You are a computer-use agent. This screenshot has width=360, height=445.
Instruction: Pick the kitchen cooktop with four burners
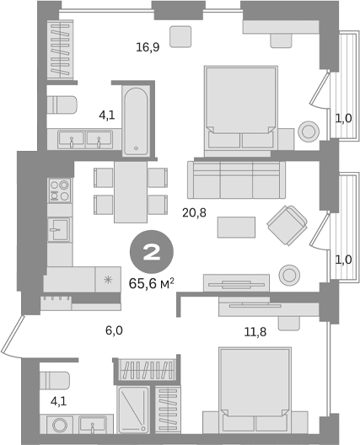point(59,191)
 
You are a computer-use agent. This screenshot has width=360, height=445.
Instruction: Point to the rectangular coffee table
point(236,227)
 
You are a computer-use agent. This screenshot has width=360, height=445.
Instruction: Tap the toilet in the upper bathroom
point(62,104)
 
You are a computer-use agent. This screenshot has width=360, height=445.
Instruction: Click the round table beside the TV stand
point(289,275)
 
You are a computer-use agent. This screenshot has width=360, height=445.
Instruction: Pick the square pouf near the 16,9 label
point(180,36)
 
